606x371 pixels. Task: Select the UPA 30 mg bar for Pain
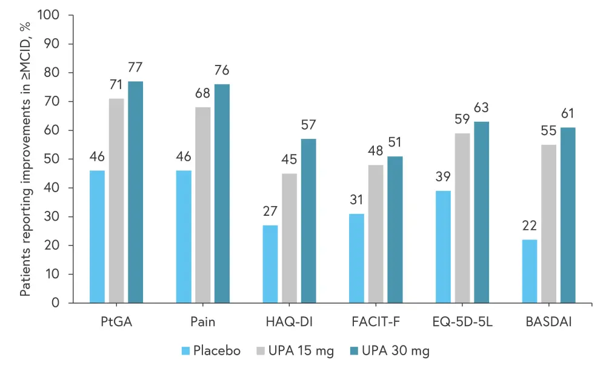pyautogui.click(x=222, y=193)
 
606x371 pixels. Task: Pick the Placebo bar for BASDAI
pyautogui.click(x=530, y=271)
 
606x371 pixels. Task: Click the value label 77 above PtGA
pyautogui.click(x=135, y=67)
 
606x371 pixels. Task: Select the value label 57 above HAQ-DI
pyautogui.click(x=308, y=125)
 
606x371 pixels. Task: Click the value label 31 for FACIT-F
pyautogui.click(x=356, y=199)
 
